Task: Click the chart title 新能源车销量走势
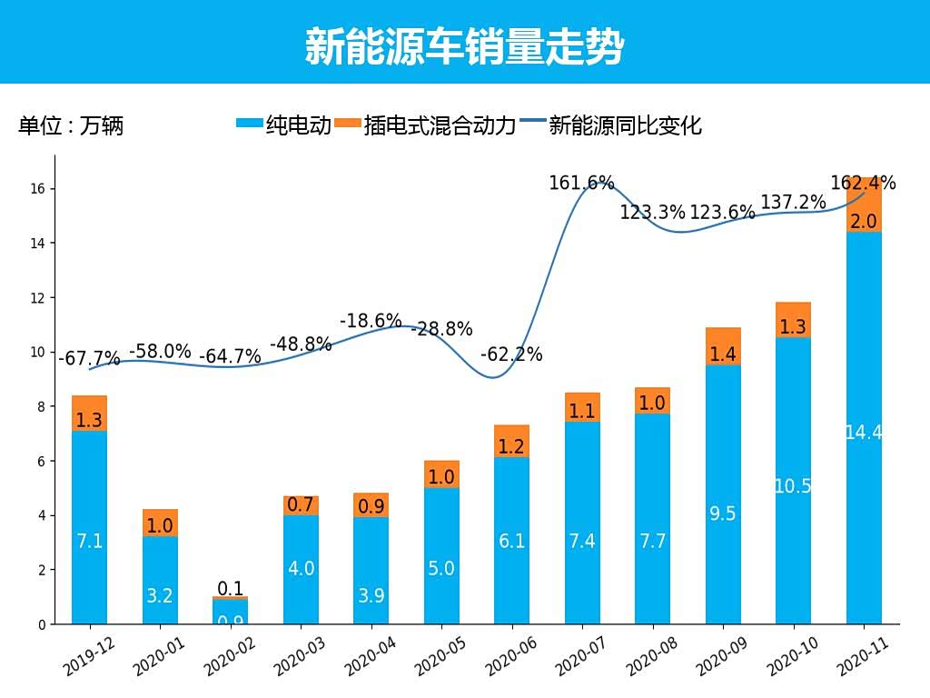coord(464,46)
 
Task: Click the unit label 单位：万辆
coord(71,125)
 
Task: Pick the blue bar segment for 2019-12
coord(90,527)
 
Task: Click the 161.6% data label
coord(581,184)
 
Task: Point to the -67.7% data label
coord(89,359)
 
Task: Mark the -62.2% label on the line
coord(512,354)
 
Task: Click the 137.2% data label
coord(793,203)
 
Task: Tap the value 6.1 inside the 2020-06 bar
coord(512,541)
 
